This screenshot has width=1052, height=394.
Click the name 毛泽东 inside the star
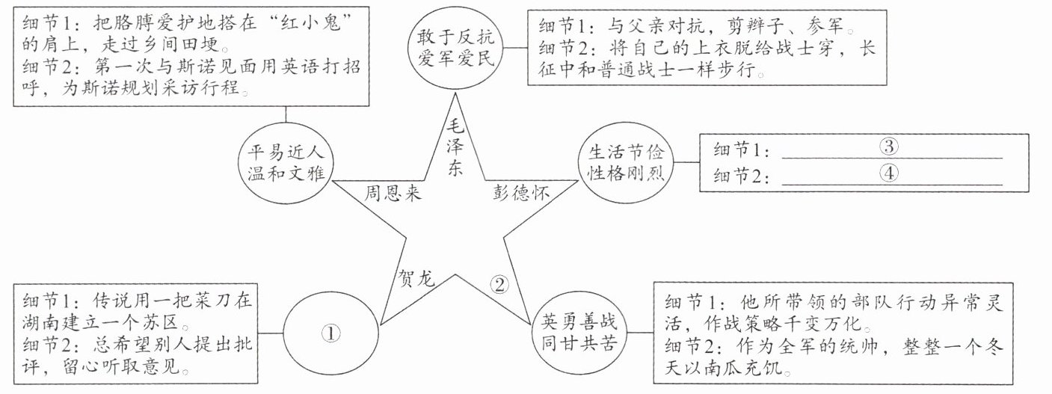(454, 146)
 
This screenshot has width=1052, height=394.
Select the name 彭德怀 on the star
(521, 193)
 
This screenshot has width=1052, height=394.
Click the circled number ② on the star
(500, 283)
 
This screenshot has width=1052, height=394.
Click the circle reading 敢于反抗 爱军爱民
(456, 46)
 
